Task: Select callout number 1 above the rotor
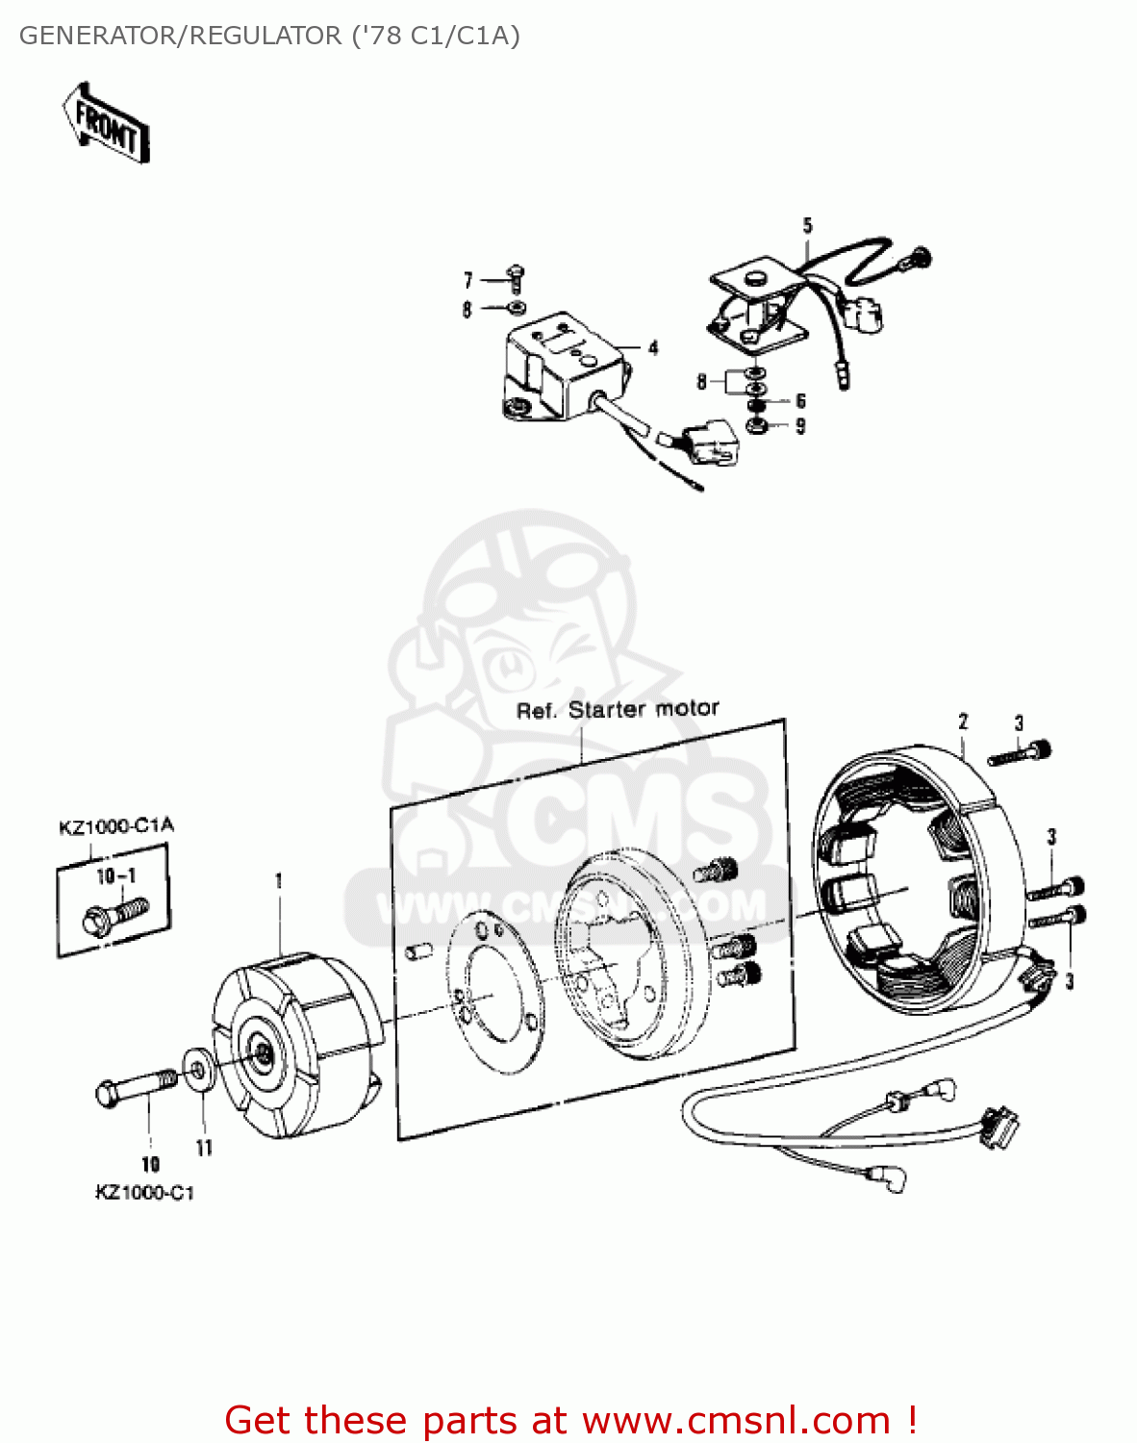279,880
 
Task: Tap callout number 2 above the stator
963,721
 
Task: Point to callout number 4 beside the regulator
653,347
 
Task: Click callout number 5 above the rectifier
807,226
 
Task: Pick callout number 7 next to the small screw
468,280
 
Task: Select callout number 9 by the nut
800,426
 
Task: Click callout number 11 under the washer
204,1147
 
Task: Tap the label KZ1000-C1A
116,826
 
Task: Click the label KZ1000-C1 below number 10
144,1193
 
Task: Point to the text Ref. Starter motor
618,710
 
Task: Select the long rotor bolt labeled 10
136,1087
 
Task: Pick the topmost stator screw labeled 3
1020,752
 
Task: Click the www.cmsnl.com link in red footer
736,1421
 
